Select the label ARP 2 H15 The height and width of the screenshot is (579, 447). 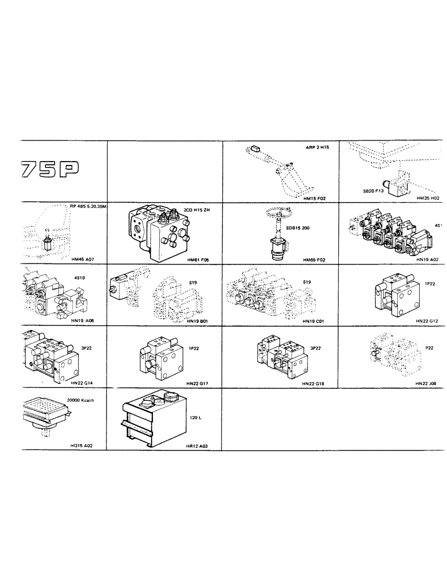click(x=317, y=148)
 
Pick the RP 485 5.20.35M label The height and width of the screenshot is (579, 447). click(x=88, y=206)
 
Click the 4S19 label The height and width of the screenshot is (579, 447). click(x=79, y=277)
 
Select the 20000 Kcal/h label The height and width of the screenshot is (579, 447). click(x=80, y=401)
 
